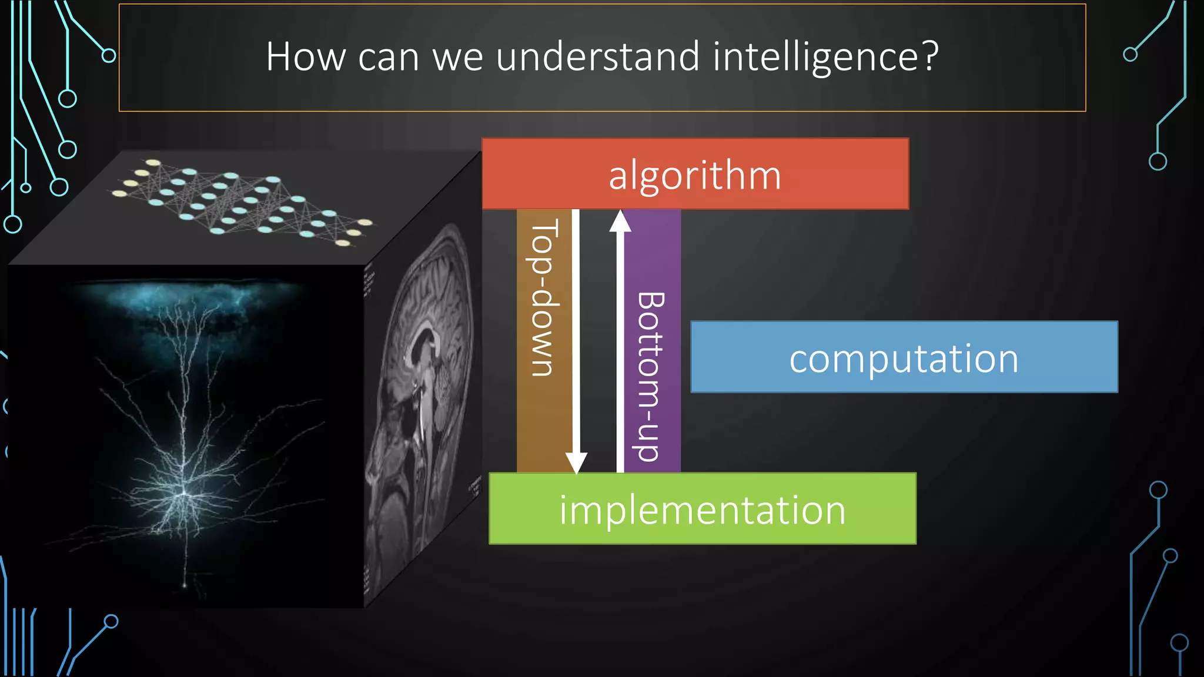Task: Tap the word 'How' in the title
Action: point(306,57)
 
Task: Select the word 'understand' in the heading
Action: point(598,57)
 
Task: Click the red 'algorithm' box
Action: point(695,175)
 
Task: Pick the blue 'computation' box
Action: point(904,357)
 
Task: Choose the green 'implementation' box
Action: point(702,509)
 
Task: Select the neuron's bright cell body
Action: point(184,492)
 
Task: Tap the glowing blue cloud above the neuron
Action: point(188,297)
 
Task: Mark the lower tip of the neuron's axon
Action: point(185,585)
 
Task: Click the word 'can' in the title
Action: point(388,58)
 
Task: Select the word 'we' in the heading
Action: point(457,58)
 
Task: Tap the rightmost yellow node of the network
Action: point(365,222)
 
